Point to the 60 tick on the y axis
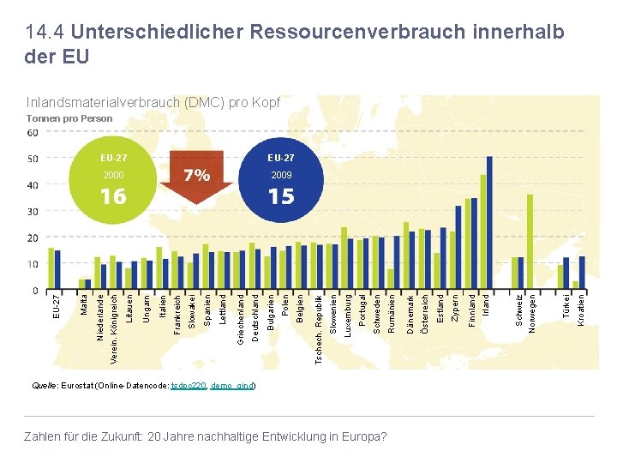click(x=33, y=133)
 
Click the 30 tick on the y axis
click(x=33, y=212)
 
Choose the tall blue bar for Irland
click(x=489, y=223)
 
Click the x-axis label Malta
click(x=83, y=305)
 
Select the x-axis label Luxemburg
click(x=347, y=316)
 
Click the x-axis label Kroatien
click(x=582, y=310)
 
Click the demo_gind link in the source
click(x=231, y=387)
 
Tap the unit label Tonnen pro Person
click(x=70, y=118)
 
